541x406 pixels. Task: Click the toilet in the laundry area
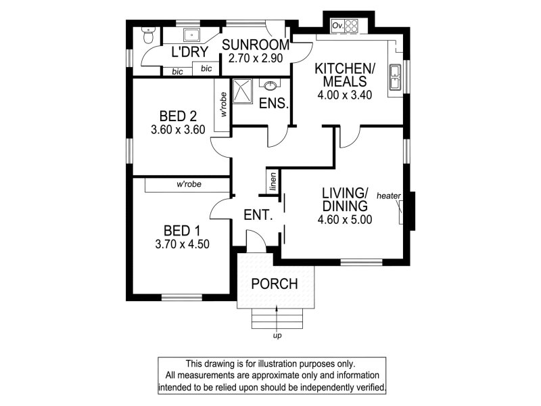[x=149, y=35]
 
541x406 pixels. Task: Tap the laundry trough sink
[x=191, y=35]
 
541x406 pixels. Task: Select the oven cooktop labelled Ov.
[x=345, y=26]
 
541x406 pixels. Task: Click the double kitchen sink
[x=394, y=76]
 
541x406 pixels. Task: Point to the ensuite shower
[x=243, y=91]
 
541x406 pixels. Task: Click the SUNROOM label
[x=256, y=45]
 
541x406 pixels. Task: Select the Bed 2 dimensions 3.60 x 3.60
[x=178, y=129]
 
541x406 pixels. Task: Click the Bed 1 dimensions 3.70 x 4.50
[x=182, y=244]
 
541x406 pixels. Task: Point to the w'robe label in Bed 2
[x=224, y=104]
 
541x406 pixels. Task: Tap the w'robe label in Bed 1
[x=189, y=184]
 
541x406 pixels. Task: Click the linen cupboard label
[x=273, y=181]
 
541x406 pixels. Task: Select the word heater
[x=389, y=196]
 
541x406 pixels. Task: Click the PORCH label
[x=275, y=284]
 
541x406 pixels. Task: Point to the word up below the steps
[x=277, y=336]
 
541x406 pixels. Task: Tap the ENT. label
[x=258, y=215]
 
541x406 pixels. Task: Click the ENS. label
[x=274, y=104]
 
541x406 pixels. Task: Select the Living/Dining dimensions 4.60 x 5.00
[x=345, y=219]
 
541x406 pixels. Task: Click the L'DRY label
[x=190, y=52]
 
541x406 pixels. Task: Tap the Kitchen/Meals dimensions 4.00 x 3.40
[x=345, y=95]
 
